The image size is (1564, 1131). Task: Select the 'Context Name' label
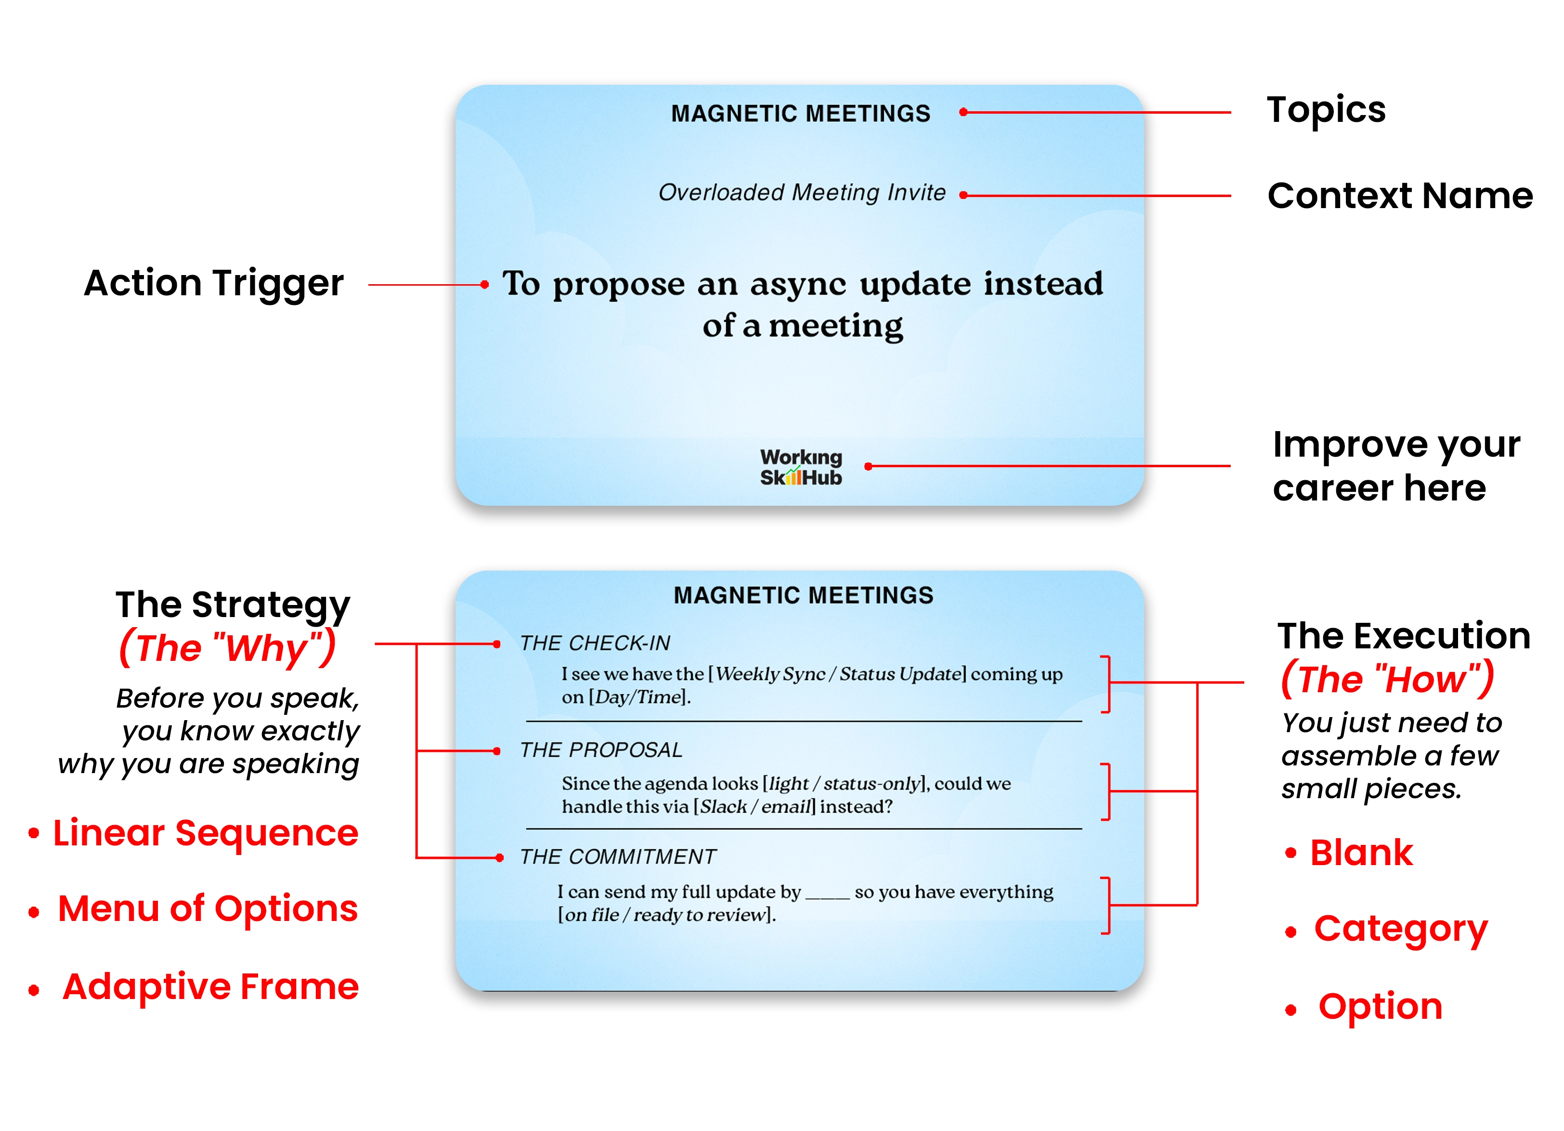(x=1399, y=196)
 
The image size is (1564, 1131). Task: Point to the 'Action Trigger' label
(x=214, y=283)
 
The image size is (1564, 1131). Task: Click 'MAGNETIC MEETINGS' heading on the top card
(x=801, y=114)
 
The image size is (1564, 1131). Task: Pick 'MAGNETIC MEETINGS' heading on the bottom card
(x=803, y=595)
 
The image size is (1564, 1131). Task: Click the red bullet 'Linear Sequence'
(x=206, y=833)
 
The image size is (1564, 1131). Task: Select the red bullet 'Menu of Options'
(x=208, y=909)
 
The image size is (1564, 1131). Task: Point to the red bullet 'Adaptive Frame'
(x=210, y=987)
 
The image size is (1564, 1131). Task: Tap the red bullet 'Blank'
(x=1361, y=853)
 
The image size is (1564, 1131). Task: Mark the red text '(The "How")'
(x=1387, y=679)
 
